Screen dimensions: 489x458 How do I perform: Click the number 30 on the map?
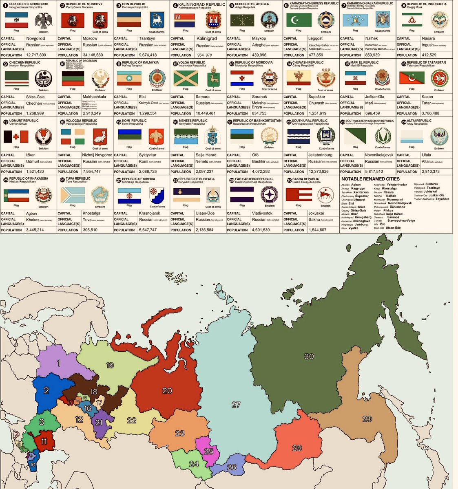(x=309, y=356)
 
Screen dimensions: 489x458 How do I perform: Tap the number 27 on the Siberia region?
(x=236, y=405)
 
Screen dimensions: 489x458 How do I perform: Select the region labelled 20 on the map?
(x=167, y=390)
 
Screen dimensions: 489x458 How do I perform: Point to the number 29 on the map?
(x=367, y=419)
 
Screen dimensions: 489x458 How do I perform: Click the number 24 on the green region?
(x=194, y=464)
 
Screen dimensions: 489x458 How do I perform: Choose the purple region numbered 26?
(x=232, y=467)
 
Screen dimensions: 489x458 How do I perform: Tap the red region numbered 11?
(x=44, y=441)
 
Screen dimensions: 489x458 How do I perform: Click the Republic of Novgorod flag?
(x=16, y=20)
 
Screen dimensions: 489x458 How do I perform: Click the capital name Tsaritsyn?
(x=147, y=39)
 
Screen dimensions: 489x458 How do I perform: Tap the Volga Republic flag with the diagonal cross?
(x=186, y=78)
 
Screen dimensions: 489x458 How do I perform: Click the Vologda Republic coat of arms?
(x=100, y=136)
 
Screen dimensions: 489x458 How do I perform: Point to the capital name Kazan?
(x=427, y=97)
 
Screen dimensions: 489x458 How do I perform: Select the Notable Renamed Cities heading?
(x=370, y=179)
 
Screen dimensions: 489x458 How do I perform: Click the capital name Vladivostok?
(x=262, y=213)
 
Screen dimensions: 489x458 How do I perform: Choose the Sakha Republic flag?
(x=299, y=195)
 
